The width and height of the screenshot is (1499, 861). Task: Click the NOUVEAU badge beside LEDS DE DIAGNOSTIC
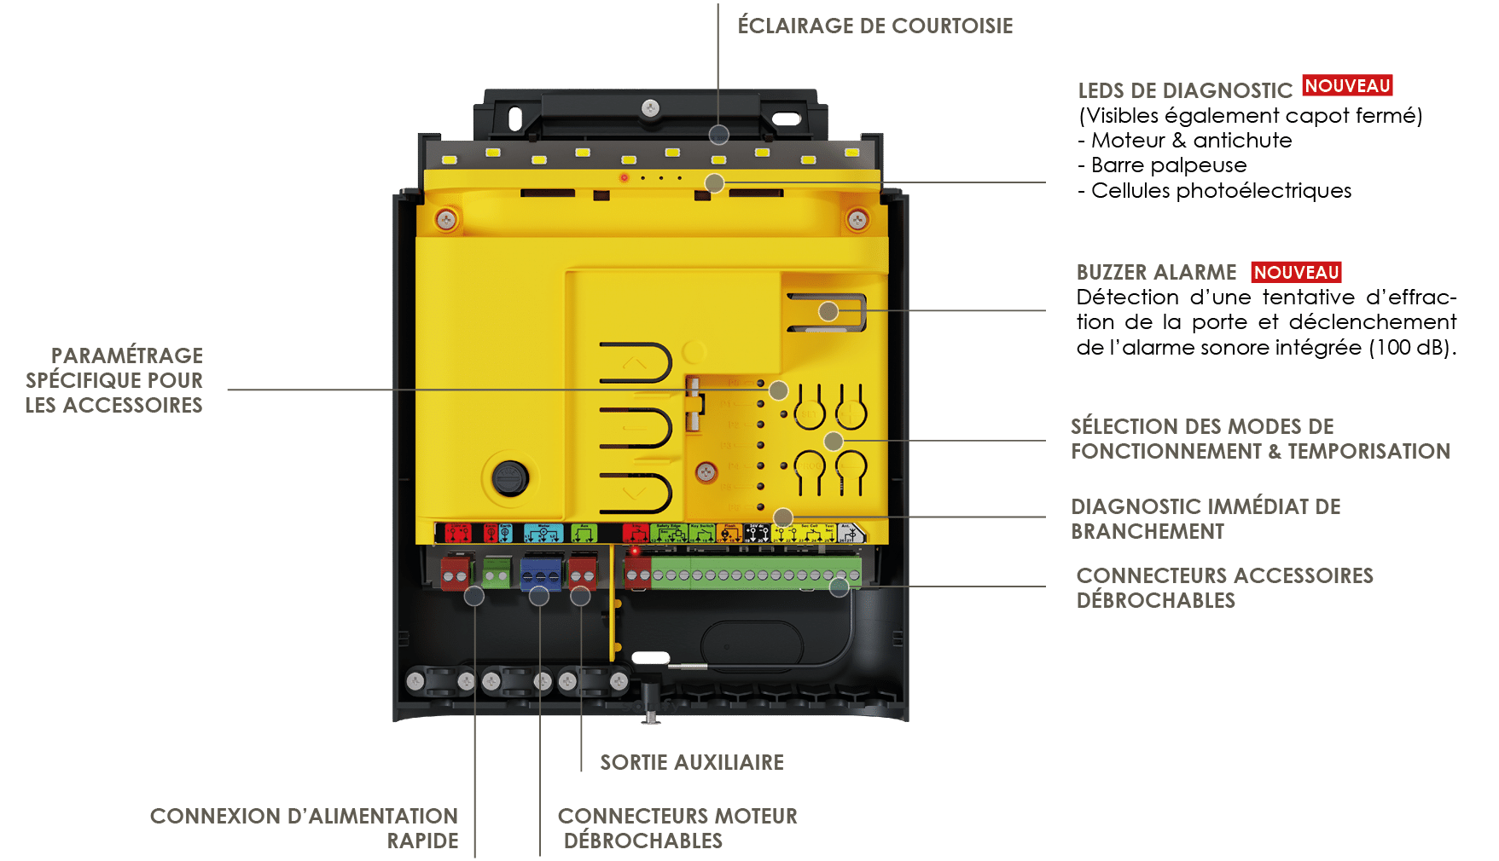[1347, 86]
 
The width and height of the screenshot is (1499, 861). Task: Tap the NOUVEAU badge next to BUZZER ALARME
[1296, 272]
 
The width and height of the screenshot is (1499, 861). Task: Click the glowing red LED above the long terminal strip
[635, 552]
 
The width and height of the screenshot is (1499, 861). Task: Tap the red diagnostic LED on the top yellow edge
[625, 177]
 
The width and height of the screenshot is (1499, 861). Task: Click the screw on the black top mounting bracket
[650, 107]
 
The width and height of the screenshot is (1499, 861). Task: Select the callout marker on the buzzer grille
[828, 311]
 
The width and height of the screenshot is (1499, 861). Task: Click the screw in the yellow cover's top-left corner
[446, 221]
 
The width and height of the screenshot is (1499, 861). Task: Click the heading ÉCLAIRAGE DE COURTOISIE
[874, 26]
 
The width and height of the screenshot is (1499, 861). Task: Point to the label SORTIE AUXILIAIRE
[691, 762]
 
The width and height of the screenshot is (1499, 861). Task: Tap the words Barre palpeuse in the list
[1168, 165]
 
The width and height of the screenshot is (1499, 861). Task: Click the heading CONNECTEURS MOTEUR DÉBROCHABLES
[677, 828]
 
